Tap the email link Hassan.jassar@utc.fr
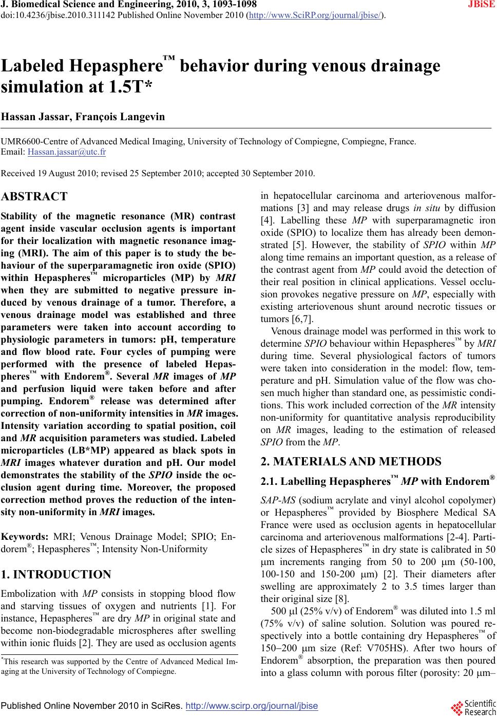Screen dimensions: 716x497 67,152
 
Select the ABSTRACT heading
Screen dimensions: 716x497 34,197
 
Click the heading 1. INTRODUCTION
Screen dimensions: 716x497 56,575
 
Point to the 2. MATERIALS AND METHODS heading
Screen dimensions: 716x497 351,461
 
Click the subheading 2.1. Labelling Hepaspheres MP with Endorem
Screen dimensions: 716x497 378,482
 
